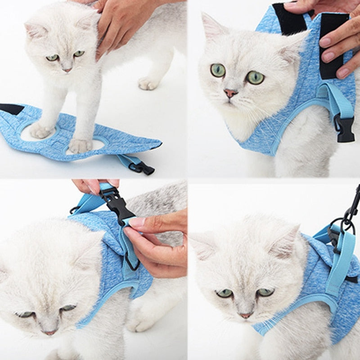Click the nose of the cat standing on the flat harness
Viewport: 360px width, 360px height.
click(67, 70)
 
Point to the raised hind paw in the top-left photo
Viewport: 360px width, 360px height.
click(148, 83)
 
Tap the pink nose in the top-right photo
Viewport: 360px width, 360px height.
click(230, 93)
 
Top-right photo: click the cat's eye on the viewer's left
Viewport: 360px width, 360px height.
click(218, 70)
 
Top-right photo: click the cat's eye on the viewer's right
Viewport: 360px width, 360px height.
click(255, 77)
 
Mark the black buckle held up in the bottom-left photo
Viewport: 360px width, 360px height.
click(115, 205)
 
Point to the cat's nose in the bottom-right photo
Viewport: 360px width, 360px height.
click(245, 315)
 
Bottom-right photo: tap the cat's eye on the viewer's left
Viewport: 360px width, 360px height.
click(224, 293)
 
